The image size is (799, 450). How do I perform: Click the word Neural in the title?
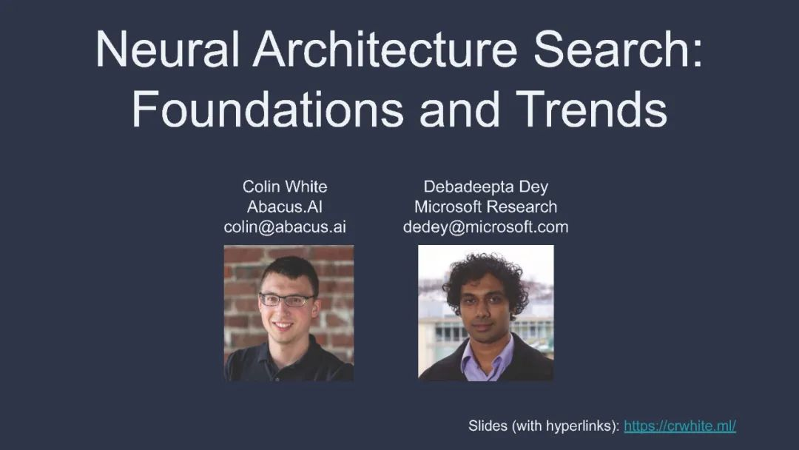coord(167,49)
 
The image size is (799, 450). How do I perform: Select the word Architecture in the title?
coord(385,49)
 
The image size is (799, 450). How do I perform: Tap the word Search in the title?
coord(612,49)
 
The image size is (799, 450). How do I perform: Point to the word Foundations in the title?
coord(268,109)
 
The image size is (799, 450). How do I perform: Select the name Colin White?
coord(285,187)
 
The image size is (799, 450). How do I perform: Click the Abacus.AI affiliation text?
coord(284,207)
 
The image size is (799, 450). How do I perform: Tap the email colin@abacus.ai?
coord(285,226)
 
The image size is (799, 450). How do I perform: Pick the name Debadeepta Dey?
coord(485,187)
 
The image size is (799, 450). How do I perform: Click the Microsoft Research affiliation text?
coord(485,207)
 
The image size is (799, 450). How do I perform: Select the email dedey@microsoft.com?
coord(485,226)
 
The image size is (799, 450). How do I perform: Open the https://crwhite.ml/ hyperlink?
coord(680,426)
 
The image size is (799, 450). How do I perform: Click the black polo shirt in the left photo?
coord(289,363)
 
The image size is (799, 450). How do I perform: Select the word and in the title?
coord(459,109)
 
